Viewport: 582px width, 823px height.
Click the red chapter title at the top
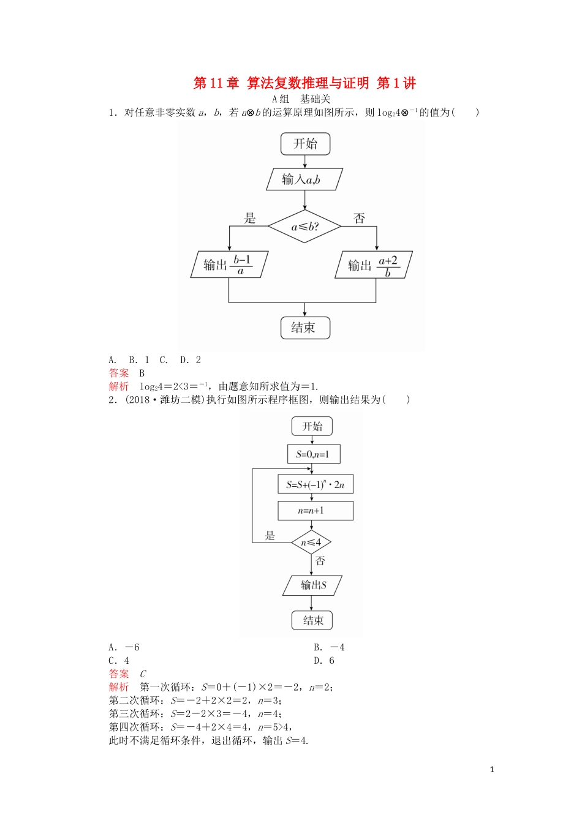point(304,83)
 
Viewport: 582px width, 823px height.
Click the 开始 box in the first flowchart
point(305,144)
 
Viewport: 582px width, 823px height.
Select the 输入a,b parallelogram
point(304,179)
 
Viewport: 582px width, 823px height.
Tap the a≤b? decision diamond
point(304,227)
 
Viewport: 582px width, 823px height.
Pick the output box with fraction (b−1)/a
point(229,265)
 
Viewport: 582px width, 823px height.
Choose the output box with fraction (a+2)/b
point(374,265)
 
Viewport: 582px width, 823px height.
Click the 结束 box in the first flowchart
point(305,328)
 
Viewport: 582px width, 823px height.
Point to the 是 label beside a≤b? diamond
point(250,218)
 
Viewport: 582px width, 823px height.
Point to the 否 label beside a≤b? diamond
point(359,218)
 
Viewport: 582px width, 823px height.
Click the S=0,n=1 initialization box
point(313,454)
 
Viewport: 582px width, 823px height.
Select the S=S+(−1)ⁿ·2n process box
point(316,484)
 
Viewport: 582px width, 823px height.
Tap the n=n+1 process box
point(315,511)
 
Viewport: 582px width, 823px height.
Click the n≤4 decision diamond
point(311,542)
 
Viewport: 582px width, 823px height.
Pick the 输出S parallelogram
point(312,585)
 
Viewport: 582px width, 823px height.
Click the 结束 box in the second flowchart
point(312,620)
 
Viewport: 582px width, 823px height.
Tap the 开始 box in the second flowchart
point(312,427)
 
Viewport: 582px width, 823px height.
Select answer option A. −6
point(124,647)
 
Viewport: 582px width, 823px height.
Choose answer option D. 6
point(324,661)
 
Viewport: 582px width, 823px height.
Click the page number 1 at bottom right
point(492,770)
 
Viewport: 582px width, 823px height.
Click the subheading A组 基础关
point(301,99)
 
